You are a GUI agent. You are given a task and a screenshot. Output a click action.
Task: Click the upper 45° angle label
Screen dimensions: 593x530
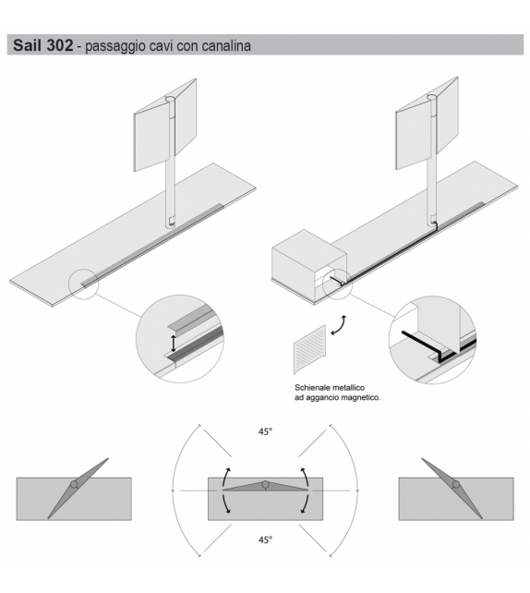click(x=265, y=430)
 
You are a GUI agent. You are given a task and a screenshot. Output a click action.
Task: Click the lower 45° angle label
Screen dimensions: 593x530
click(x=265, y=539)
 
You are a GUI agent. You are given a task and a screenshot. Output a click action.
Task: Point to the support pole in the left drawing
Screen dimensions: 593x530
click(x=171, y=185)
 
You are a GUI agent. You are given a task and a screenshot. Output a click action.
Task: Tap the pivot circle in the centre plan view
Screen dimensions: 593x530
click(x=264, y=484)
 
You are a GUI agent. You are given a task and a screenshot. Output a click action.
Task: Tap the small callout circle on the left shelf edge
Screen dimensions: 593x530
click(x=82, y=282)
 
